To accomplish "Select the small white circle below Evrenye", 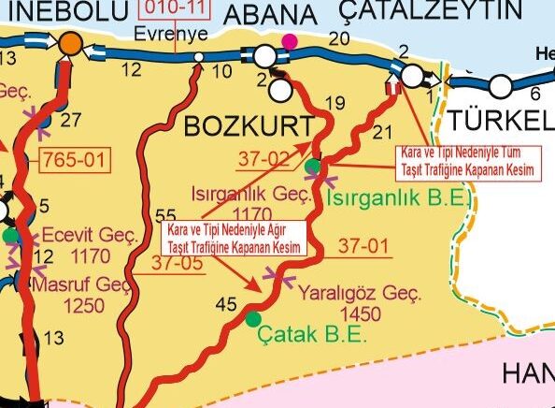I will point(198,58).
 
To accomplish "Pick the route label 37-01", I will point(363,246).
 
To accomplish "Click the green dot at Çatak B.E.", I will point(252,319).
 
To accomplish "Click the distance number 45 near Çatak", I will point(225,303).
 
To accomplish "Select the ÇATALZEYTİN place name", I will point(430,10).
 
